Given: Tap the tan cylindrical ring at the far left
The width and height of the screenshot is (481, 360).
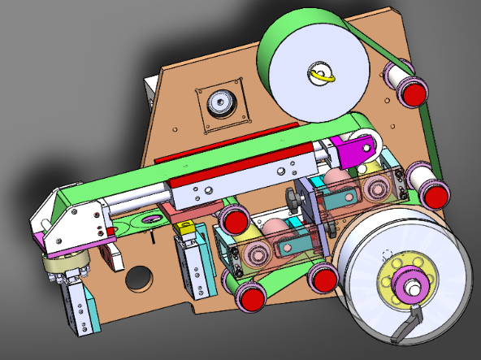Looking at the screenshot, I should [63, 263].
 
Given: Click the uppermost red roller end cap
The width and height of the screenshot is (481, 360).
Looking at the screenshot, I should [414, 91].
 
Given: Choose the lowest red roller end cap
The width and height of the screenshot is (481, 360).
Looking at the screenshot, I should [253, 297].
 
